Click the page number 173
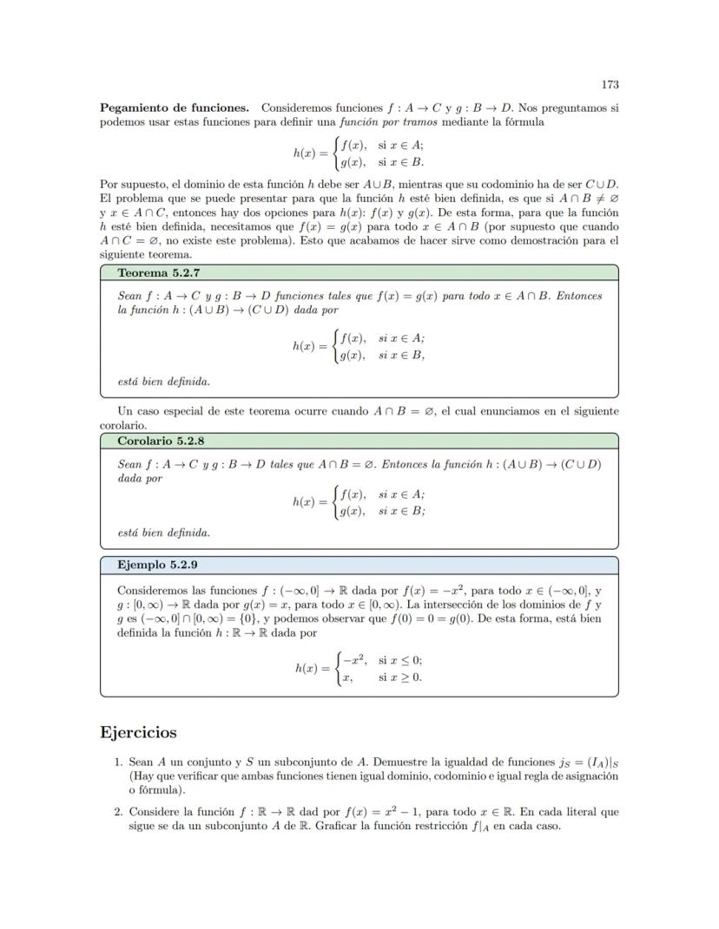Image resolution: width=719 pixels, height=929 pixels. coord(610,84)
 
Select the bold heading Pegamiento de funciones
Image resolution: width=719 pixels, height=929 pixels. coord(175,108)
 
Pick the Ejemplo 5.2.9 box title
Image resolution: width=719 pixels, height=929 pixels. coord(157,565)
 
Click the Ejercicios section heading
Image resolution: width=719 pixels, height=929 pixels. coord(139,732)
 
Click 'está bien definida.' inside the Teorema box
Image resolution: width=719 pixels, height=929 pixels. coord(163,381)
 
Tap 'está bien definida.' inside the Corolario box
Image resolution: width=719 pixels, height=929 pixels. coord(163,533)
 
